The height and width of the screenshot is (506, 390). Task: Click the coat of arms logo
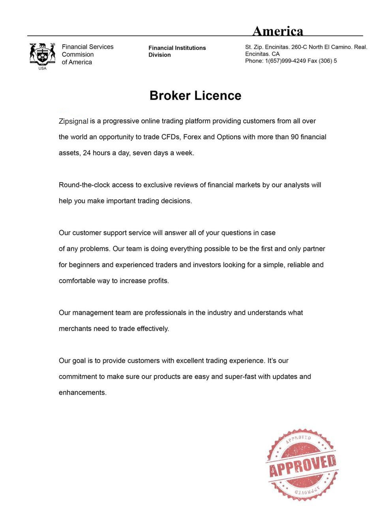click(42, 54)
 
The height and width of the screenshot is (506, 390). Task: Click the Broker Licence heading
click(195, 96)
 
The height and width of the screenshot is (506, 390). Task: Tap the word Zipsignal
click(73, 121)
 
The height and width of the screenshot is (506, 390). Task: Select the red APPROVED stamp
click(302, 464)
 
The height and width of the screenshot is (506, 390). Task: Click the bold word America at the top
click(277, 31)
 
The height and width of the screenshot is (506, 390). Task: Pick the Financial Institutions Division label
click(177, 51)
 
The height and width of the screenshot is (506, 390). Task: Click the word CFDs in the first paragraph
click(171, 137)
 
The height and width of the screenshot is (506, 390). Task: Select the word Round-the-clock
click(84, 185)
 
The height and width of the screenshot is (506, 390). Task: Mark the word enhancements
click(82, 393)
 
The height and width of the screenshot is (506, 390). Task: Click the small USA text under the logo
click(42, 68)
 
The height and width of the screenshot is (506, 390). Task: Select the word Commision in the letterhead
click(78, 55)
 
